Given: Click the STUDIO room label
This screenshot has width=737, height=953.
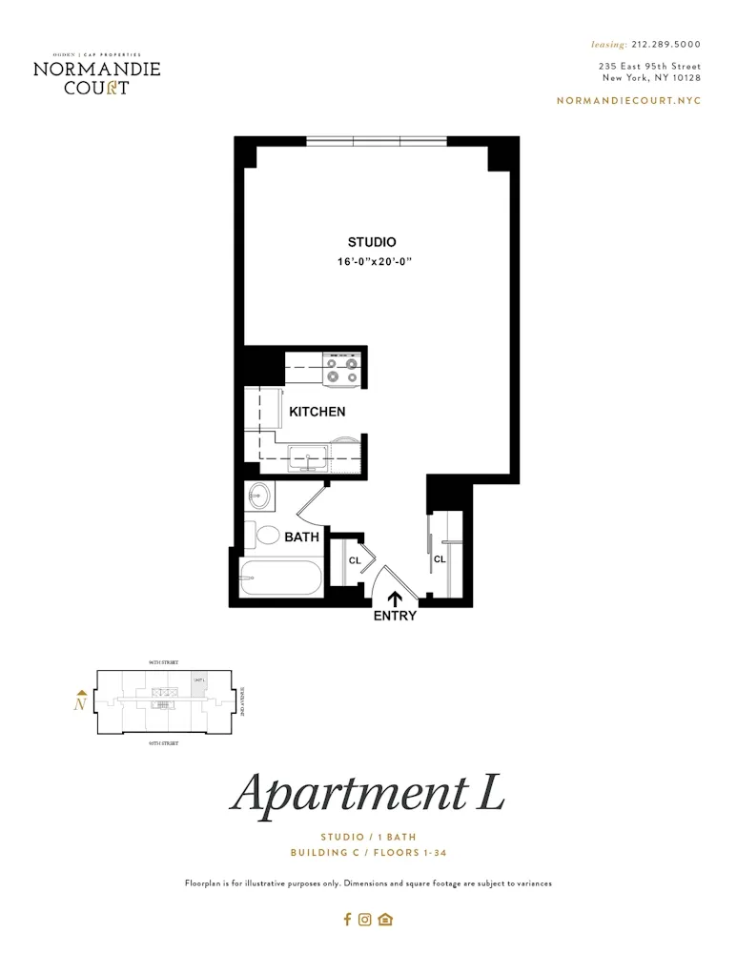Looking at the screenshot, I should (371, 242).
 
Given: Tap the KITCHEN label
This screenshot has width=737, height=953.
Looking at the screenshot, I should (317, 412).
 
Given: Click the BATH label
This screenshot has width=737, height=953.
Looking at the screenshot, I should (301, 537).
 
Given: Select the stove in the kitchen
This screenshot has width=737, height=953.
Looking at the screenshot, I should (342, 370).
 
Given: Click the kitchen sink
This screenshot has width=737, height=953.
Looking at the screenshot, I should (308, 458).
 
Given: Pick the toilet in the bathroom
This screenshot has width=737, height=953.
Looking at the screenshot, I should (266, 537).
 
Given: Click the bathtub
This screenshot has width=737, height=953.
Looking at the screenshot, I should (280, 578).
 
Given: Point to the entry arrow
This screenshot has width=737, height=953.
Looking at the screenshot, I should (394, 598).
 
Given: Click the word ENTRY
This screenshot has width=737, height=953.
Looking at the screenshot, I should (395, 616).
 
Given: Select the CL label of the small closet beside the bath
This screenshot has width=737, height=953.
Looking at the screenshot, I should (354, 560).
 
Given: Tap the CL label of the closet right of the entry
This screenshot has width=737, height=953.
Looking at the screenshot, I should (440, 559).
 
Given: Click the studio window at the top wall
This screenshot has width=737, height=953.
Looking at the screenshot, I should (377, 142).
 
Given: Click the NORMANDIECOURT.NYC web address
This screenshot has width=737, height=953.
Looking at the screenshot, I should (628, 100).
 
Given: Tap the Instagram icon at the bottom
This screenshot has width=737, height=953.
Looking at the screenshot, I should (365, 920).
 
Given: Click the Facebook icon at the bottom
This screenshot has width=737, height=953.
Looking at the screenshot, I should (348, 920).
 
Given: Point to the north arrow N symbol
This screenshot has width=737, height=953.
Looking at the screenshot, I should (81, 703).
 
